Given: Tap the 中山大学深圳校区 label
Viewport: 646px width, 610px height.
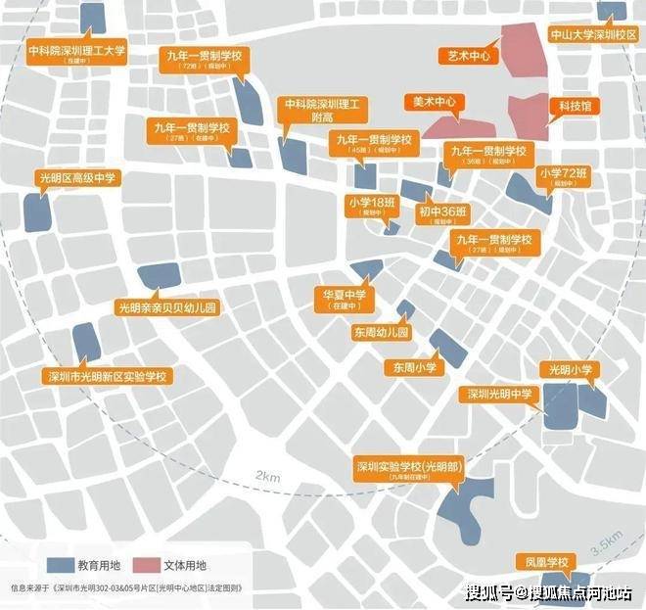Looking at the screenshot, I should coord(594,35).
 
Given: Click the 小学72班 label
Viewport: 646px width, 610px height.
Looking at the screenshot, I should coord(565,177).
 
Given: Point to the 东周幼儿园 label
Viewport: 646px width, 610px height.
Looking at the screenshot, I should coord(382,333).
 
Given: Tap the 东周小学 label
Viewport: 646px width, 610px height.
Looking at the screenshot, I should coord(415,367).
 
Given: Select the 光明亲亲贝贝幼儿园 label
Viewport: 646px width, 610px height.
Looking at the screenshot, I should coord(166,307).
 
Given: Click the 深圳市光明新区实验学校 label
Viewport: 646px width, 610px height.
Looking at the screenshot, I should coord(108,376).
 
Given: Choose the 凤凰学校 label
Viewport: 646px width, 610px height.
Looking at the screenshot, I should coord(544,562).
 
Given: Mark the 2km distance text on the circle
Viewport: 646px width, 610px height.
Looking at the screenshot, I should coord(267,476).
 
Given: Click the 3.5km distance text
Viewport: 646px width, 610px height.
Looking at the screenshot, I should coord(607,540).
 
